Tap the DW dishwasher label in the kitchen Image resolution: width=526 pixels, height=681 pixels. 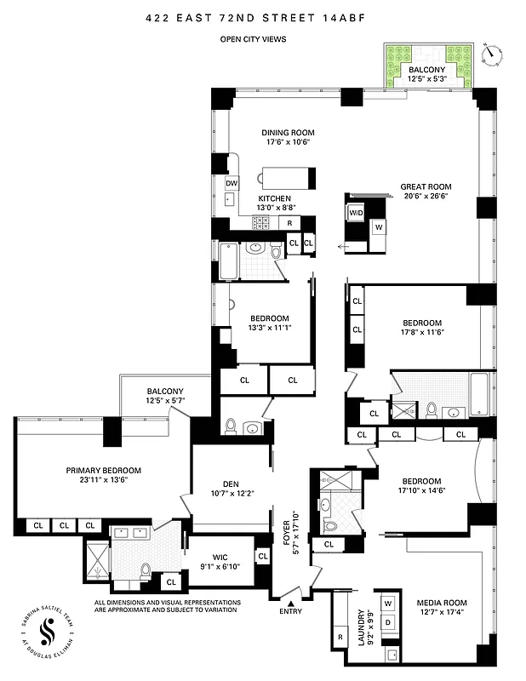click(231, 184)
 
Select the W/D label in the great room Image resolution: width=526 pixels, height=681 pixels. click(355, 212)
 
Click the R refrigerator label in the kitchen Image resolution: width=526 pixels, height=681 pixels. click(290, 223)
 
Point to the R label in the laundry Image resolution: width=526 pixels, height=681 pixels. click(339, 636)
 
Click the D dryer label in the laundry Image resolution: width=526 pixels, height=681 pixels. click(389, 623)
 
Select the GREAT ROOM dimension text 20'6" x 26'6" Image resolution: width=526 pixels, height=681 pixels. click(426, 196)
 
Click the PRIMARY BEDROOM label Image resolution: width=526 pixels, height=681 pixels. click(104, 470)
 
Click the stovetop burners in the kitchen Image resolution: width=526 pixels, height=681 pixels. click(260, 223)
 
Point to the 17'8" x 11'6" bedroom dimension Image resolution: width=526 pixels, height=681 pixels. click(422, 334)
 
